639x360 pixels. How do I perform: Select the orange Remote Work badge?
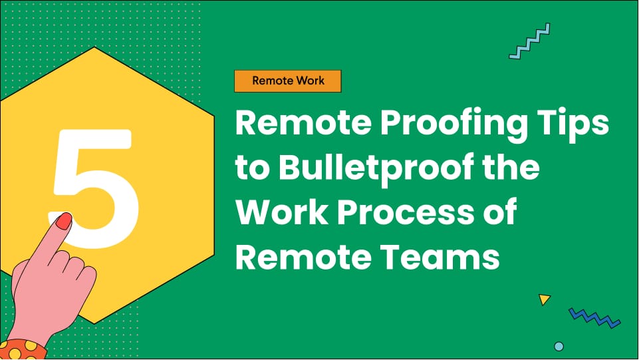click(288, 81)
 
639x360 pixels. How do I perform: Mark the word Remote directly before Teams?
click(303, 258)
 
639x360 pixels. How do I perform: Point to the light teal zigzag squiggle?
click(529, 41)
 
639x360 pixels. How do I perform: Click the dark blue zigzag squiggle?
click(594, 317)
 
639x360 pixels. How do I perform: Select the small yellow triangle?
click(545, 299)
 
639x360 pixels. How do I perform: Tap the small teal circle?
click(559, 346)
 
